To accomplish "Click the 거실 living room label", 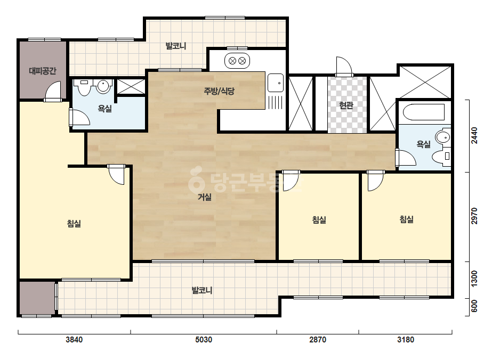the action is coord(204,197).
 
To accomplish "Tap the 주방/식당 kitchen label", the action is coord(219,91).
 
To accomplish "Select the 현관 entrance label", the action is coord(346,105).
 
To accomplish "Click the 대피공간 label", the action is coord(42,71).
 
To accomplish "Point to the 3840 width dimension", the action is coord(74,340).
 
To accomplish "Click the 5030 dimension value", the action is coord(204,340).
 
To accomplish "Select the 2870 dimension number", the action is coord(318,340).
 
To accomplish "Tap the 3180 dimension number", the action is coord(406,340).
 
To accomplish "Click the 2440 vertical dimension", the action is coord(474,135).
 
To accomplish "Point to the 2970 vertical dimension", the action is coord(474,216).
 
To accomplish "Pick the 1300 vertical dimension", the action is coord(474,278).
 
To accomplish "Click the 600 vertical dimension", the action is coord(474,306).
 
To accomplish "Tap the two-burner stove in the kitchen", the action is coord(237,61).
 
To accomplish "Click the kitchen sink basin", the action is coord(276,83).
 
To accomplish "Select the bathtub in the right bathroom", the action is coord(424,112).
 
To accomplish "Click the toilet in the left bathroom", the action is coord(84,87).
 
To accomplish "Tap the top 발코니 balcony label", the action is coord(176,46).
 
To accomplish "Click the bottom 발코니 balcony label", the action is coord(202,290).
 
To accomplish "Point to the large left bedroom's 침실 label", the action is coord(74,224).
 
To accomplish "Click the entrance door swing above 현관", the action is coord(344,66).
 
